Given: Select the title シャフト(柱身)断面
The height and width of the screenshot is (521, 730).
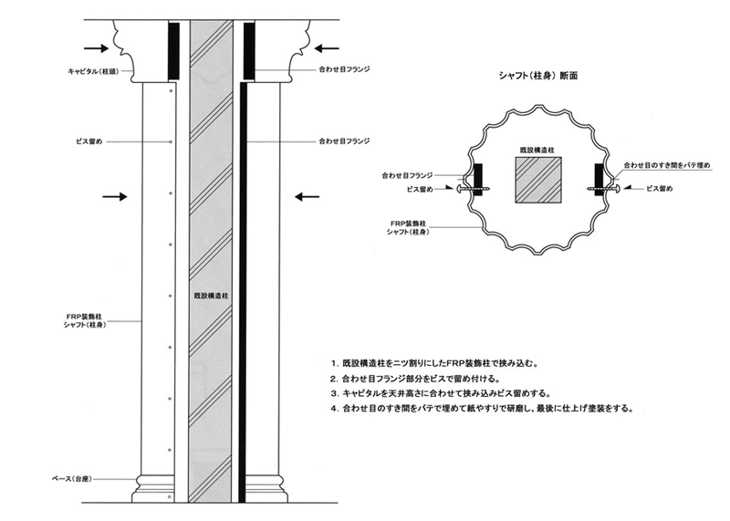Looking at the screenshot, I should tap(534, 78).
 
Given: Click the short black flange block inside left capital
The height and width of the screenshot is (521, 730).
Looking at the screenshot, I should tap(173, 49).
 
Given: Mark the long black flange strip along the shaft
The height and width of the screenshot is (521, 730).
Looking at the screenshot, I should tap(243, 292).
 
